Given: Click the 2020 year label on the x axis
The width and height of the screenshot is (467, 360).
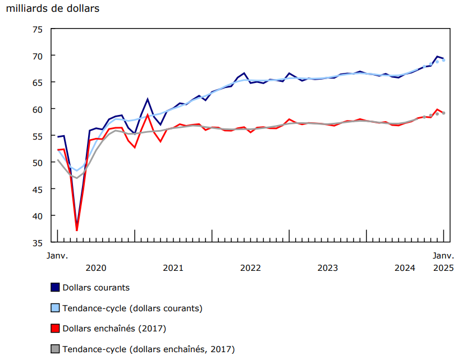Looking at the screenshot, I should (96, 268).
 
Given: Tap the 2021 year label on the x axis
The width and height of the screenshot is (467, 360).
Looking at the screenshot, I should (173, 268).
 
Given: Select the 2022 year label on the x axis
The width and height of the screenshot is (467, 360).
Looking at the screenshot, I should (250, 268).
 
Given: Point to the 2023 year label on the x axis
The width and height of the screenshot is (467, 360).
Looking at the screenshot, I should (328, 268).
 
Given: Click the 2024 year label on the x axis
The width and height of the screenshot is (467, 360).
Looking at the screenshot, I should (405, 268).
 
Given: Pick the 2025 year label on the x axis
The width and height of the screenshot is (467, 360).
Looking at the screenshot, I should (443, 268).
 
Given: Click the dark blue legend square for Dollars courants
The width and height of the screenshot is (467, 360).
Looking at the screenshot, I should (55, 288).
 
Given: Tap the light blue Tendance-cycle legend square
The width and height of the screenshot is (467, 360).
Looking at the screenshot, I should (55, 308).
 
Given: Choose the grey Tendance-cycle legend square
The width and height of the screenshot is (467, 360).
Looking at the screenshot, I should (55, 349).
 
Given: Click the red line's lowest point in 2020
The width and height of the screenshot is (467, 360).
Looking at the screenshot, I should (77, 230).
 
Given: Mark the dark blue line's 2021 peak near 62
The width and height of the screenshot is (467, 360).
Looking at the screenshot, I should (148, 99).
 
